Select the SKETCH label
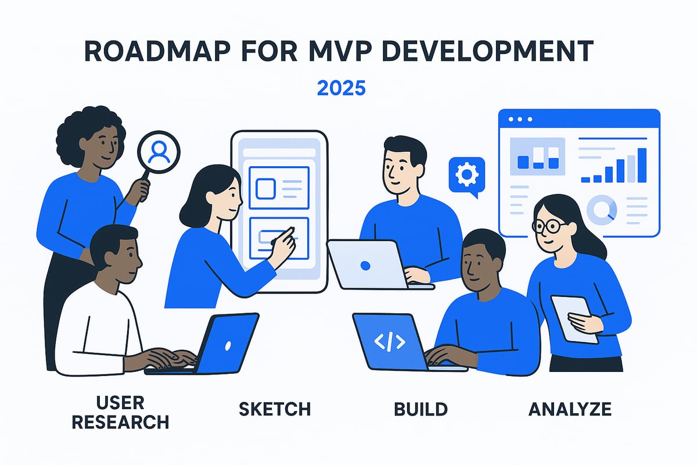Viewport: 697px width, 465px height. [x=275, y=409]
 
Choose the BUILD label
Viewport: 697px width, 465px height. [x=421, y=409]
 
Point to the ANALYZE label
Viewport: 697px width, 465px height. [x=570, y=409]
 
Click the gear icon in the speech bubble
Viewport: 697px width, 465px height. [x=465, y=174]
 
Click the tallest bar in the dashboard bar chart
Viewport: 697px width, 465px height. [x=642, y=164]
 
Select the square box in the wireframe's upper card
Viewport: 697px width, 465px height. [x=265, y=188]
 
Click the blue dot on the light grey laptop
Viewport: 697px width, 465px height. [x=365, y=266]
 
